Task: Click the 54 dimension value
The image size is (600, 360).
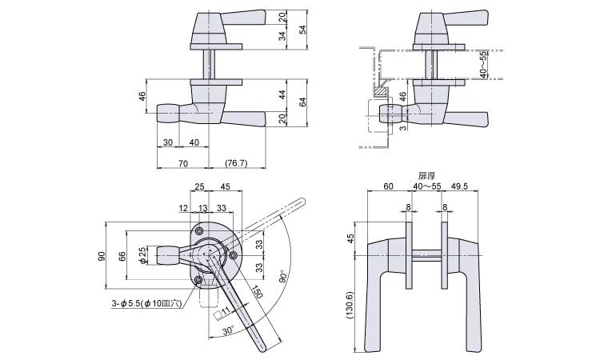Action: pos(302,30)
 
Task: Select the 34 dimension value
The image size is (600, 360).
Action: pos(282,36)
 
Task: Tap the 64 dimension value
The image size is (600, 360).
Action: pos(302,102)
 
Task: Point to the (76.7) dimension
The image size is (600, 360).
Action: pos(236,163)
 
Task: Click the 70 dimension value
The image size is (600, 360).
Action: pos(183,163)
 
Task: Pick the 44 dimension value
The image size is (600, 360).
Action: pos(282,95)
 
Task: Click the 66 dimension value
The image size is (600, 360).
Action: pos(122,256)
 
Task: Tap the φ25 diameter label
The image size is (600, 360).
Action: pos(143,255)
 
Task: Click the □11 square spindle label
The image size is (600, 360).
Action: pos(222,313)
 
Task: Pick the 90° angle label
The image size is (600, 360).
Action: pos(283,277)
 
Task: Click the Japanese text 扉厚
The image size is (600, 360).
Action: pos(426,176)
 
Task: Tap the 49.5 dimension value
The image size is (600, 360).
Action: pos(460,186)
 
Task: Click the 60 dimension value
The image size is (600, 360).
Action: pos(388,186)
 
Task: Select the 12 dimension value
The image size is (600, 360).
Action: pos(183,208)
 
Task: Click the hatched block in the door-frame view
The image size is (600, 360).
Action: pos(382,91)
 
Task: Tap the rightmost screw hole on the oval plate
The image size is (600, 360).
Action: pos(232,255)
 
